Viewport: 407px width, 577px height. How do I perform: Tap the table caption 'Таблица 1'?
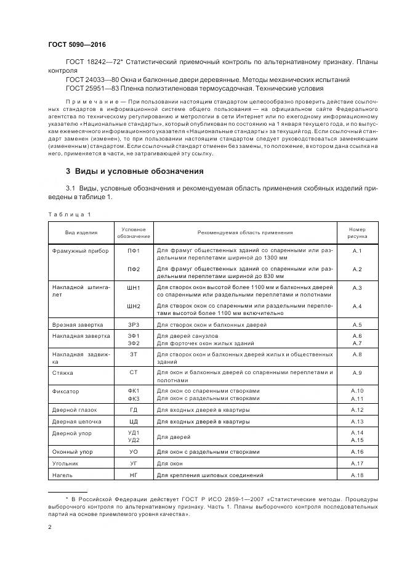[70, 214]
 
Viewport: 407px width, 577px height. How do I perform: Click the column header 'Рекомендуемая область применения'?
[245, 232]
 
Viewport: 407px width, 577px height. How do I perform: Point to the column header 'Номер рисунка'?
[357, 232]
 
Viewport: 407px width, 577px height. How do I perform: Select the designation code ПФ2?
[134, 269]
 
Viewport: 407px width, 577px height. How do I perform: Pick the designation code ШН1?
[134, 288]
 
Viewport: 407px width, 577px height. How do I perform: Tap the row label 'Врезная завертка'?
[78, 324]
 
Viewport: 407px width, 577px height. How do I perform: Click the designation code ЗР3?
[134, 324]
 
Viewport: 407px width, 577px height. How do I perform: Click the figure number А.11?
[357, 398]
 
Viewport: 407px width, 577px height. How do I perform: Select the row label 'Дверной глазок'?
[76, 410]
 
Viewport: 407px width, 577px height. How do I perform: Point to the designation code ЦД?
[134, 422]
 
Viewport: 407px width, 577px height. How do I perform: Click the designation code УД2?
[134, 440]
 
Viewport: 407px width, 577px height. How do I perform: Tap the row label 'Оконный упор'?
[73, 452]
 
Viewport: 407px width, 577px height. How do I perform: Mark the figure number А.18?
[357, 475]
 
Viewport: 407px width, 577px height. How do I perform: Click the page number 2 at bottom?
[50, 527]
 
